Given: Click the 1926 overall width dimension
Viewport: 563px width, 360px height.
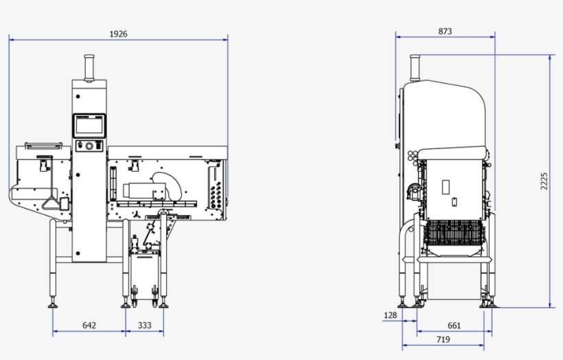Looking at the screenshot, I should (118, 34).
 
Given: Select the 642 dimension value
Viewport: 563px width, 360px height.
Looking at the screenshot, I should (89, 325).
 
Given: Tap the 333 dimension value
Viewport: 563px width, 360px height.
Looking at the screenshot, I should (144, 325).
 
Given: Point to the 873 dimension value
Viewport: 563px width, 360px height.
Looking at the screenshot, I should (444, 32).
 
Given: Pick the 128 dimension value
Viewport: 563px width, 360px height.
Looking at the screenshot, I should (391, 315).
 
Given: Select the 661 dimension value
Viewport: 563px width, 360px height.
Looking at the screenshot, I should (454, 325).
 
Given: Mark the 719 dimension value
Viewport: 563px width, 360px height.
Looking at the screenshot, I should (443, 339).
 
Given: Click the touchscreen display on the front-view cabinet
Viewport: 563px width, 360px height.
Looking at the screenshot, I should (90, 125).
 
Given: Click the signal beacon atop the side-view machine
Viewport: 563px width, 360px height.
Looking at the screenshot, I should (414, 67).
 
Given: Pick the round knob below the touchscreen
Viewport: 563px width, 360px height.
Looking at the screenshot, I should (89, 146).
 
